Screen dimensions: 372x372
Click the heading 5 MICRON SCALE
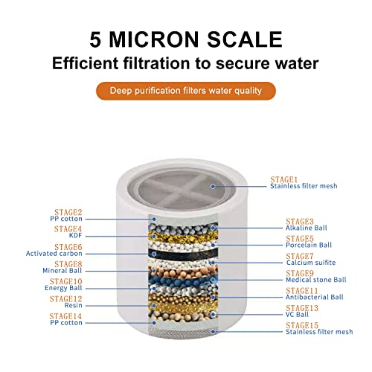pos(185,38)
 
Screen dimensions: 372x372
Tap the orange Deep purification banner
pos(185,92)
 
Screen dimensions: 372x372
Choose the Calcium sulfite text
pos(311,263)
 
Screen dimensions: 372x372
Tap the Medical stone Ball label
pos(316,280)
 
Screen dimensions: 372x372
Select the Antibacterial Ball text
pos(315,298)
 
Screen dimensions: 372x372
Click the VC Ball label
pos(298,315)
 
